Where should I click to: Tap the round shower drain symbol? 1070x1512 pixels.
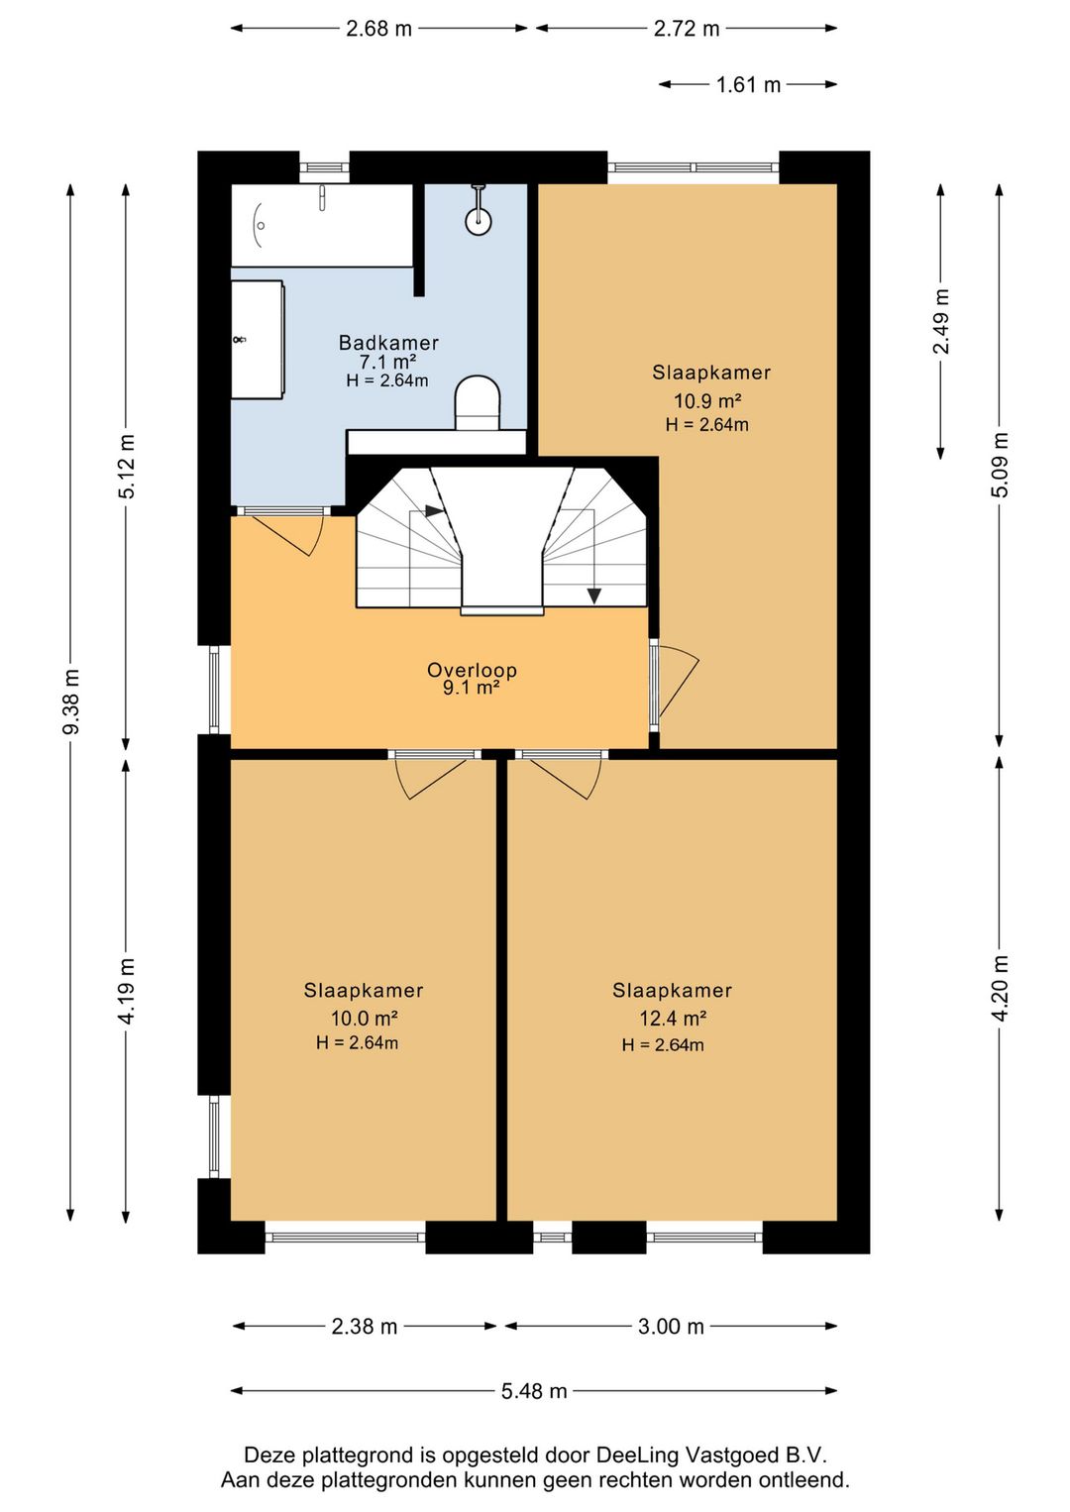click(x=479, y=220)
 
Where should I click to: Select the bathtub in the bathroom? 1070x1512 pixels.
click(x=322, y=225)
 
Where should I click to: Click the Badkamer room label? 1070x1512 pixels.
click(x=388, y=343)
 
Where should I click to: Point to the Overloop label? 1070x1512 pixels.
click(x=472, y=670)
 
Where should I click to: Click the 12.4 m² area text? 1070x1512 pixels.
click(x=673, y=1018)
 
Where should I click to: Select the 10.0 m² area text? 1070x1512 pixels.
click(x=364, y=1018)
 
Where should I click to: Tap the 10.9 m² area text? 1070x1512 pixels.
click(x=707, y=401)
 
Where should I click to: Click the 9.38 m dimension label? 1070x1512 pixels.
click(x=71, y=702)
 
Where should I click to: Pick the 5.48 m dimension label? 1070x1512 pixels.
click(x=534, y=1391)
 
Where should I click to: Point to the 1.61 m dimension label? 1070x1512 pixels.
click(x=748, y=85)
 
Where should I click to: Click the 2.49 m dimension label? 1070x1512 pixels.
click(x=941, y=321)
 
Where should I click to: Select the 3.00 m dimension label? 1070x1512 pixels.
click(x=671, y=1327)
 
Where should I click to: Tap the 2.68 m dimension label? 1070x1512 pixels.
click(x=378, y=29)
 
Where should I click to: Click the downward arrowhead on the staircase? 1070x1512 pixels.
click(x=594, y=596)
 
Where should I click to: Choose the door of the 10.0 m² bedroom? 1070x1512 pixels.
click(x=431, y=776)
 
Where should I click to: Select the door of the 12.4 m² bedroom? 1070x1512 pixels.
click(x=565, y=776)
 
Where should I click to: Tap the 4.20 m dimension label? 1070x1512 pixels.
click(x=1001, y=989)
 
